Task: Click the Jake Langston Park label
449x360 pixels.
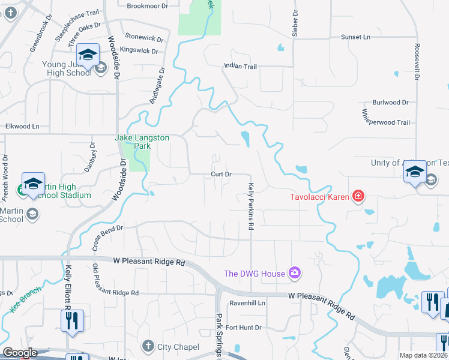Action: pyautogui.click(x=142, y=142)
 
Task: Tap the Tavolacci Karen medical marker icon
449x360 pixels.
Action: pyautogui.click(x=358, y=196)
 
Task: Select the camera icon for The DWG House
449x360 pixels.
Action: pyautogui.click(x=294, y=274)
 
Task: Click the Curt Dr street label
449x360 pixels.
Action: pyautogui.click(x=221, y=174)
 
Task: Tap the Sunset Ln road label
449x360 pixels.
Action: pyautogui.click(x=355, y=37)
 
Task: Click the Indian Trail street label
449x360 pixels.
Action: pyautogui.click(x=240, y=67)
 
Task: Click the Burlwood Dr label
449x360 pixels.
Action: pyautogui.click(x=390, y=103)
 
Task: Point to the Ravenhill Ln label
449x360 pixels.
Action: pyautogui.click(x=247, y=304)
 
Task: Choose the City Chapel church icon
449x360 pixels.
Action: pyautogui.click(x=148, y=346)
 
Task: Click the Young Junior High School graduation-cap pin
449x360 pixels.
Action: pyautogui.click(x=88, y=55)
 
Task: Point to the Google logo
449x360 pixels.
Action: pyautogui.click(x=20, y=353)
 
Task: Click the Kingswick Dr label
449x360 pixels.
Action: pyautogui.click(x=139, y=50)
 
